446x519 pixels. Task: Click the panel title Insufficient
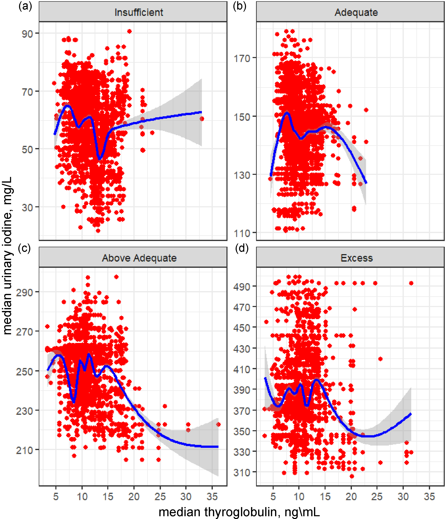139,12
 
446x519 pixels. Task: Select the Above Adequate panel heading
139,258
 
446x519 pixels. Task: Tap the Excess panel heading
356,258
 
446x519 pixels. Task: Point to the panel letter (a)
25,6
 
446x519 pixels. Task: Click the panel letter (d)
242,248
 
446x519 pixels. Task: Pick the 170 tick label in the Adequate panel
242,58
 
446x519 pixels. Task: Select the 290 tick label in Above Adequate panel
24,292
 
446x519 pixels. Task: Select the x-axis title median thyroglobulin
239,512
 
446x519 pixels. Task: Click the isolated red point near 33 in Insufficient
202,119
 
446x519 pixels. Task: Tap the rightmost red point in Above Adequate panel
218,424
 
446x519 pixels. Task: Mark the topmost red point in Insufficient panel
129,31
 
